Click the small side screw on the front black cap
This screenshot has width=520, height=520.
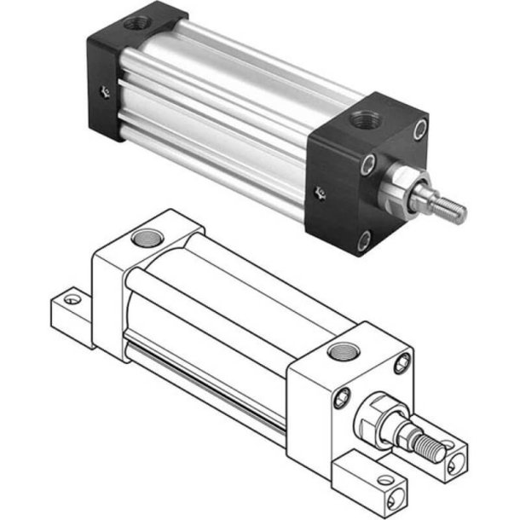point(319,193)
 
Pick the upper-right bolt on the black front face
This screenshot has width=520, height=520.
point(419,130)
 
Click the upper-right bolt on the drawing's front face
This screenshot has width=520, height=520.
point(402,366)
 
